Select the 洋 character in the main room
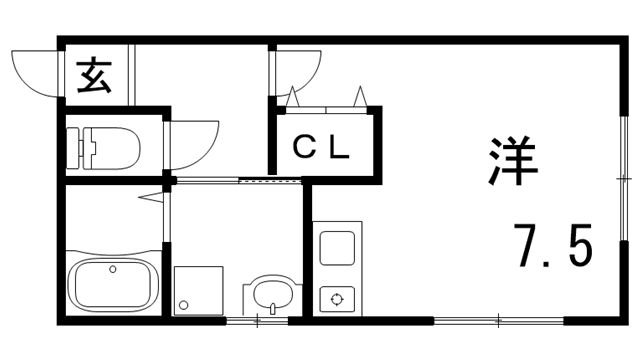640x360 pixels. click(513, 159)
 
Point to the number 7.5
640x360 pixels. click(554, 244)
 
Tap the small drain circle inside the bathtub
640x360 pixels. click(112, 269)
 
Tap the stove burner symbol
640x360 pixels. click(336, 298)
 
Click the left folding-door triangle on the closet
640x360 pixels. click(293, 97)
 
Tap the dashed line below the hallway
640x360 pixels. click(270, 181)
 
